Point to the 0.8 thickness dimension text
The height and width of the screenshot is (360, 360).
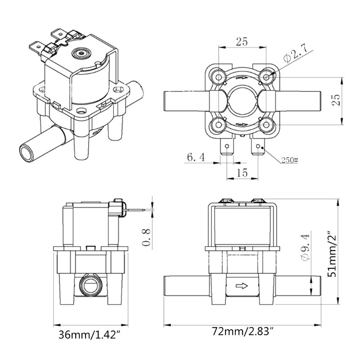pos(146,237)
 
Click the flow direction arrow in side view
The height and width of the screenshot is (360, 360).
pos(242,285)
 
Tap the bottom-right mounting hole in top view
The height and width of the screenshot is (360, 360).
pos(267,125)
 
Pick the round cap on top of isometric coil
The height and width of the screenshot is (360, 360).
pos(81,53)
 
